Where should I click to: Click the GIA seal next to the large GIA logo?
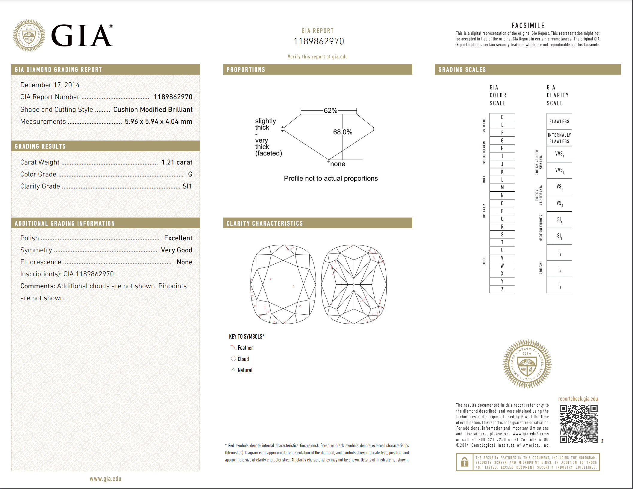tap(29, 36)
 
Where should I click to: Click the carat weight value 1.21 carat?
tap(177, 162)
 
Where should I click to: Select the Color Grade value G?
tap(190, 174)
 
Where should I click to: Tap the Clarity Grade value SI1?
tap(187, 186)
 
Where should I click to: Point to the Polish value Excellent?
tap(178, 238)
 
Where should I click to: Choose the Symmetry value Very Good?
tap(176, 250)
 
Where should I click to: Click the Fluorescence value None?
tap(184, 262)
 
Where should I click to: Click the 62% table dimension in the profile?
tap(330, 111)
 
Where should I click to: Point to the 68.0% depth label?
tap(343, 132)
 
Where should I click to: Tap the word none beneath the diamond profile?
tap(337, 164)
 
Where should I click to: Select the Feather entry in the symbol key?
tap(245, 348)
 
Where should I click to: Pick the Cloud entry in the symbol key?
tap(243, 359)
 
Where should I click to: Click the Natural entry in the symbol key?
tap(245, 370)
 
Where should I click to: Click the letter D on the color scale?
tap(502, 117)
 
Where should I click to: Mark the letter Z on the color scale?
tap(502, 289)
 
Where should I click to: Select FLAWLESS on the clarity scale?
tap(559, 121)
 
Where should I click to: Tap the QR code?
tap(579, 424)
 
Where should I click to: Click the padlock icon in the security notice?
tap(464, 462)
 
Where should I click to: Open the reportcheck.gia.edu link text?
tap(578, 399)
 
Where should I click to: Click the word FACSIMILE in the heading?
tap(528, 25)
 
